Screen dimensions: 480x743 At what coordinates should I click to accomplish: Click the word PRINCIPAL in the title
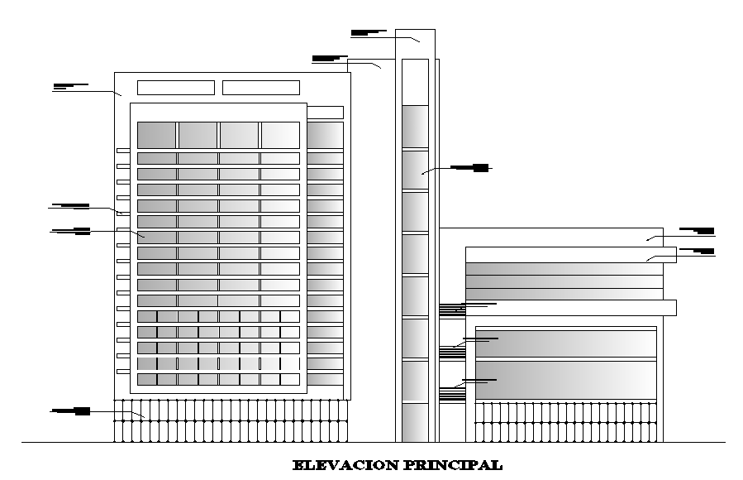[452, 465]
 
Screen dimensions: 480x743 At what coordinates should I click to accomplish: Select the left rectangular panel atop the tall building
[175, 88]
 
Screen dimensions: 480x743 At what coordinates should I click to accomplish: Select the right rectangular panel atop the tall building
[261, 88]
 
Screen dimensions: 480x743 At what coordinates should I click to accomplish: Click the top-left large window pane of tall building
[156, 135]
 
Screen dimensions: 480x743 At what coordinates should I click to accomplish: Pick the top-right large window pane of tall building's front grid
[280, 135]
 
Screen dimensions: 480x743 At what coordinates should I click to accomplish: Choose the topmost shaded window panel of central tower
[415, 125]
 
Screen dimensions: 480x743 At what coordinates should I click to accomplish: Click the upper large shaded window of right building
[565, 343]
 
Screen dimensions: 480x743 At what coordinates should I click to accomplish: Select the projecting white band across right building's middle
[570, 308]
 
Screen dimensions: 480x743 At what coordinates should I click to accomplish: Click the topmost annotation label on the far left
[70, 86]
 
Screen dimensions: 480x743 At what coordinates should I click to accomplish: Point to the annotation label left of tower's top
[329, 58]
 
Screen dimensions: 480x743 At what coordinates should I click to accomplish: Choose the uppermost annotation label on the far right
[696, 230]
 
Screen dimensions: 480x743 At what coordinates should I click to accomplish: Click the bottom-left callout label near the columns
[70, 410]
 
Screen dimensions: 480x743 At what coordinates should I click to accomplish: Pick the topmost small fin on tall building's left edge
[122, 151]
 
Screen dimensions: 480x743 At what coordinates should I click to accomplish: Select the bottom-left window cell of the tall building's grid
[147, 379]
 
